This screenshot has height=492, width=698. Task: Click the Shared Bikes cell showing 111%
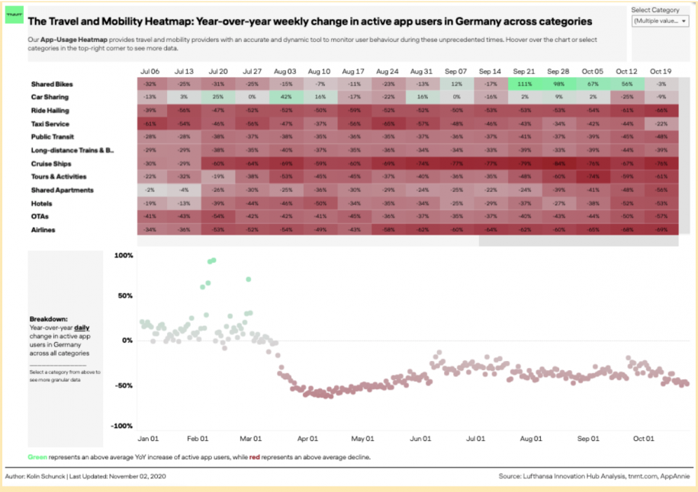click(x=523, y=84)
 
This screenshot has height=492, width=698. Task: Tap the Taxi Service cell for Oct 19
click(x=661, y=124)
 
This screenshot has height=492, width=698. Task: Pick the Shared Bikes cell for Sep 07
click(x=456, y=84)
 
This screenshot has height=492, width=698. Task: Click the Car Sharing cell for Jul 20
click(x=218, y=97)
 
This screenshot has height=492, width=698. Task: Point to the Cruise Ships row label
click(x=51, y=164)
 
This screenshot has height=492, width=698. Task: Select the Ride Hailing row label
click(x=51, y=110)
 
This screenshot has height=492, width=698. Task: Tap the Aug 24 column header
click(x=388, y=71)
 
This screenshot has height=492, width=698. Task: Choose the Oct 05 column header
click(x=592, y=71)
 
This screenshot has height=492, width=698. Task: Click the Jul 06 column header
click(x=150, y=71)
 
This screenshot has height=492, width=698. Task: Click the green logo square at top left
click(x=14, y=14)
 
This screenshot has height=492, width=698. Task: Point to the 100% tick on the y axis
click(x=123, y=256)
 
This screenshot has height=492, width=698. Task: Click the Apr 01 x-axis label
click(x=308, y=439)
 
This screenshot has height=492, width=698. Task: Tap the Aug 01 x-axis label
click(x=532, y=439)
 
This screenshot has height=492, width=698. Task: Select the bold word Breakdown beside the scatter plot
click(x=47, y=318)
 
